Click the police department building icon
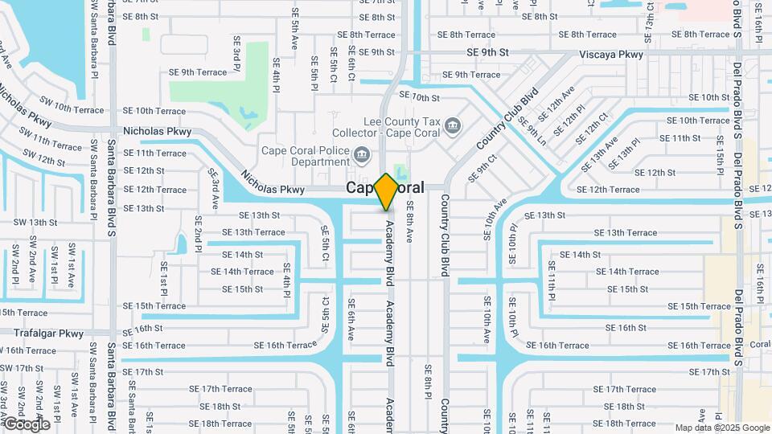pos(362,154)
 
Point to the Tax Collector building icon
pos(453,125)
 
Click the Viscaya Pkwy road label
pos(611,55)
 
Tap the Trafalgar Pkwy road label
pos(48,333)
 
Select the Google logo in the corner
pos(27,424)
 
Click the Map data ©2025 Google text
pos(721,428)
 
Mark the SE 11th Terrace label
pos(154,153)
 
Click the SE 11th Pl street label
pos(552,280)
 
